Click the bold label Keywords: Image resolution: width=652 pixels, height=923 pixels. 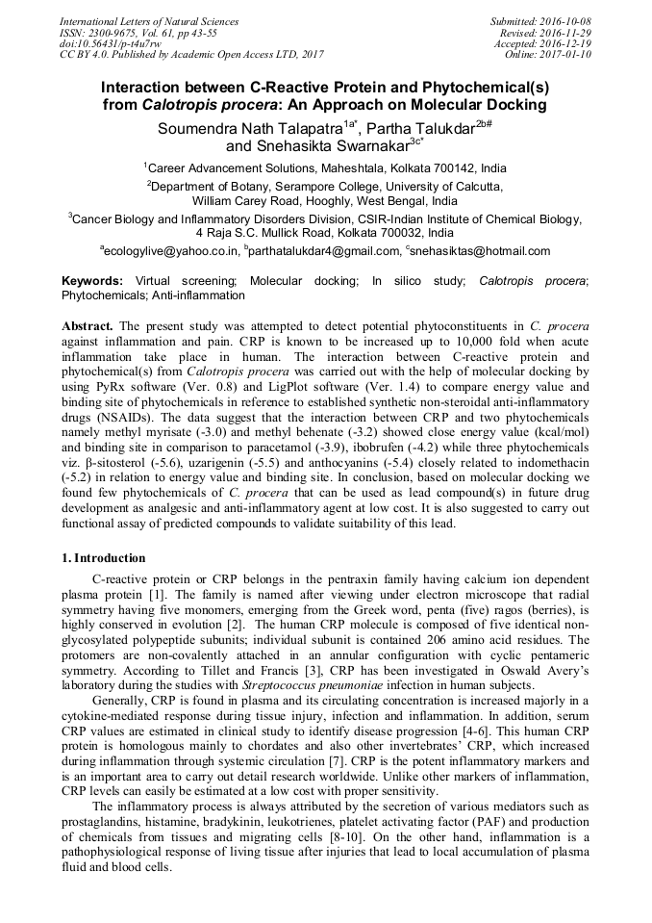pyautogui.click(x=92, y=281)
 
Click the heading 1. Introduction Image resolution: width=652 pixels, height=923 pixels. pyautogui.click(x=104, y=558)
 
